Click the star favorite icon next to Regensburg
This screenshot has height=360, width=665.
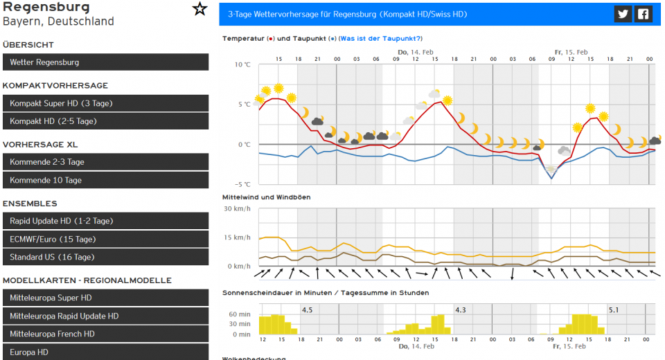pos(199,9)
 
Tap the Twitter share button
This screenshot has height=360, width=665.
pos(623,14)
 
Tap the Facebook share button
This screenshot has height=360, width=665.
pos(644,14)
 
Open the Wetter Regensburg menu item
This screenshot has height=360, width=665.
pos(105,62)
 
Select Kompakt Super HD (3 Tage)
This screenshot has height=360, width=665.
pos(105,103)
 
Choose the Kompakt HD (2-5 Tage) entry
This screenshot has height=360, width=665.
pos(105,121)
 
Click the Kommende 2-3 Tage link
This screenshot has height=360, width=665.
pos(105,162)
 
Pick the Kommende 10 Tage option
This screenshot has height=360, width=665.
pos(105,180)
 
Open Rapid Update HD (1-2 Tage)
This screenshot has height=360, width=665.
pos(105,221)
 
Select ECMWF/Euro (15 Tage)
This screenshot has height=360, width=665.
pos(105,239)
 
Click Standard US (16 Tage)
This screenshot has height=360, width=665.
pos(105,257)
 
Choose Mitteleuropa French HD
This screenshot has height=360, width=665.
pos(105,334)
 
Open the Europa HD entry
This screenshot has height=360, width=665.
pos(105,352)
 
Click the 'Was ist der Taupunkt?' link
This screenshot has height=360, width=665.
pos(380,39)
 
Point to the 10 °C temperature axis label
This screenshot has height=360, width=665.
pos(242,64)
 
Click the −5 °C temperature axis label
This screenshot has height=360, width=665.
pos(242,184)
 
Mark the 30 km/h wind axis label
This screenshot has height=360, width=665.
pos(237,208)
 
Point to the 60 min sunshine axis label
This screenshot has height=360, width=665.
pos(240,314)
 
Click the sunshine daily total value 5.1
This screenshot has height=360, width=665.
pos(614,309)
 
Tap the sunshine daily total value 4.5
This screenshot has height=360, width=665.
pos(308,309)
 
